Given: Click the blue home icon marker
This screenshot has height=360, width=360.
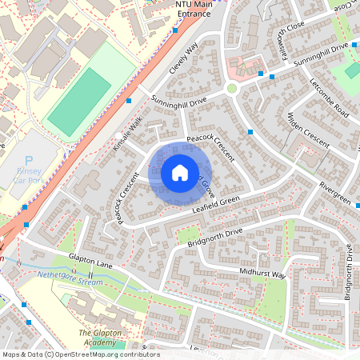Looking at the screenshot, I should pyautogui.click(x=180, y=173).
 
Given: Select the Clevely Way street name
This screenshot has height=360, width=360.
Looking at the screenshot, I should pyautogui.click(x=183, y=58).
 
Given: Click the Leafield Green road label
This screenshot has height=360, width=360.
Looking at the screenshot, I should pyautogui.click(x=216, y=206).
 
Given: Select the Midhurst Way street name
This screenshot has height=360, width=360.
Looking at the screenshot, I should pyautogui.click(x=262, y=273).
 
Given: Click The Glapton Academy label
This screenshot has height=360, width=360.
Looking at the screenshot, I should pyautogui.click(x=103, y=337).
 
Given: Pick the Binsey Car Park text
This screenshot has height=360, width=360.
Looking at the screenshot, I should pyautogui.click(x=31, y=176).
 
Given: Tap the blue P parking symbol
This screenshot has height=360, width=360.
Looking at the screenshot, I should pyautogui.click(x=30, y=161).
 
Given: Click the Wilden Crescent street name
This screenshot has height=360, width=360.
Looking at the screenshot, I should pyautogui.click(x=308, y=130).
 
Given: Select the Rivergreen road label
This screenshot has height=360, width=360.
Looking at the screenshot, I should pyautogui.click(x=334, y=192).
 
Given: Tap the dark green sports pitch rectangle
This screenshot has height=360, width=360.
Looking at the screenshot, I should pyautogui.click(x=78, y=102).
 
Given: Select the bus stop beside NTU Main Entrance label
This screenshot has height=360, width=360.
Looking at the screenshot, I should pyautogui.click(x=174, y=31).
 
